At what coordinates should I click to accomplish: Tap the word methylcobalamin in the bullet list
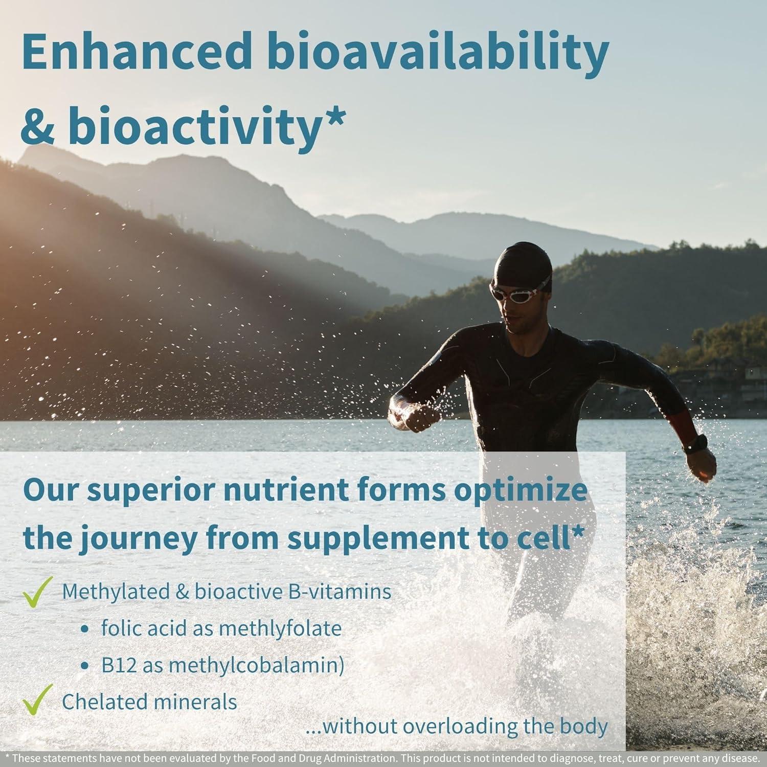[x=254, y=665]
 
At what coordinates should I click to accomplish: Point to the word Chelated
[x=102, y=702]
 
